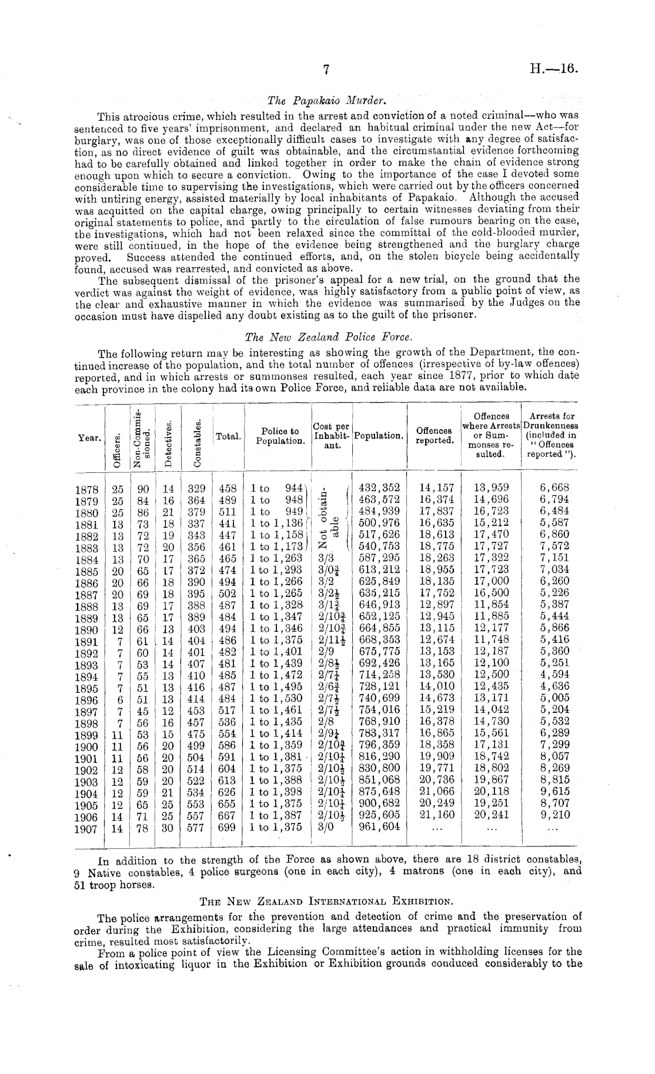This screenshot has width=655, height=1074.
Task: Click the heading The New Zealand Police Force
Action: [x=329, y=337]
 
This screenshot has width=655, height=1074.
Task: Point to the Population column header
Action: [x=379, y=436]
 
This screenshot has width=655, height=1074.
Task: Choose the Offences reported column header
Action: [x=433, y=436]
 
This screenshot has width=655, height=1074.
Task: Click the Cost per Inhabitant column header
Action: [x=331, y=436]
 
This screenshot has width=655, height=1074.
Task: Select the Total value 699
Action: [x=227, y=826]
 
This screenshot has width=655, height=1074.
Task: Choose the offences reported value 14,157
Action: [x=435, y=488]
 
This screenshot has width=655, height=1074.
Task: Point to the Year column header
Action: [x=89, y=437]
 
